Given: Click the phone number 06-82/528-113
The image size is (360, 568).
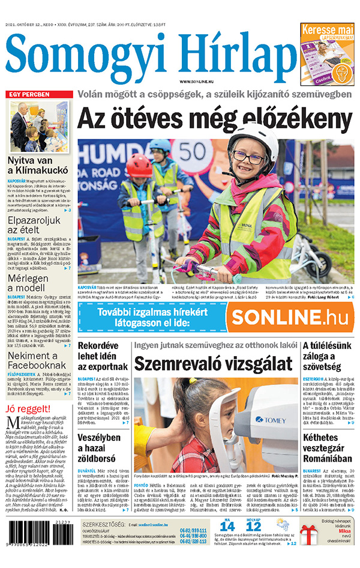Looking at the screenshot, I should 193,542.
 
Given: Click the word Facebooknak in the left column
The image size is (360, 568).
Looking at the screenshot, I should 37,364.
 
